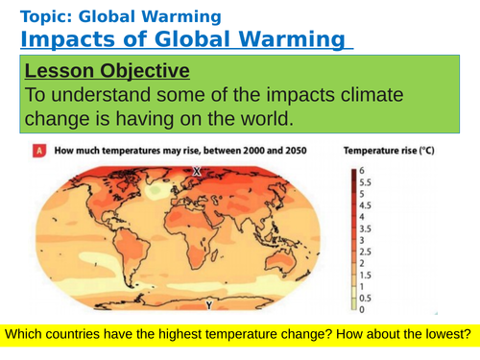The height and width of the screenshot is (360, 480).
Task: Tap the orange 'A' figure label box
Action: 38,151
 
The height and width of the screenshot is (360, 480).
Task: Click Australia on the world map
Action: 283,263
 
